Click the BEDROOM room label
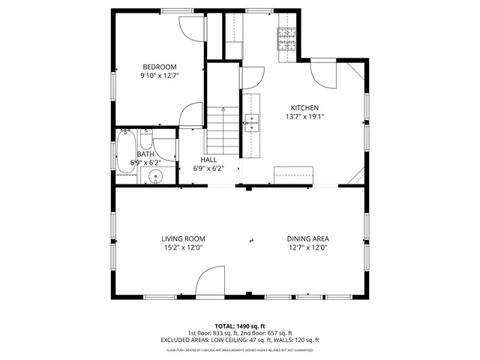pos(159,67)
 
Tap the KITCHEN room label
pos(305,108)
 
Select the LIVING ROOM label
pos(184,239)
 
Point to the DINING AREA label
pos(307,239)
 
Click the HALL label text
pos(208,160)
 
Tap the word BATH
pos(145,154)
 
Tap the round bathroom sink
pos(155,177)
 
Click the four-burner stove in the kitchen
pos(287,39)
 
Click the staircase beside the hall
pos(221,127)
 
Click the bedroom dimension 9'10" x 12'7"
pos(159,76)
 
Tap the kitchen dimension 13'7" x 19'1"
pos(305,117)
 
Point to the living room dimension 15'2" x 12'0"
pos(184,248)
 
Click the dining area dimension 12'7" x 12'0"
pos(307,248)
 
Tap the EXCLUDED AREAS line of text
pos(239,339)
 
